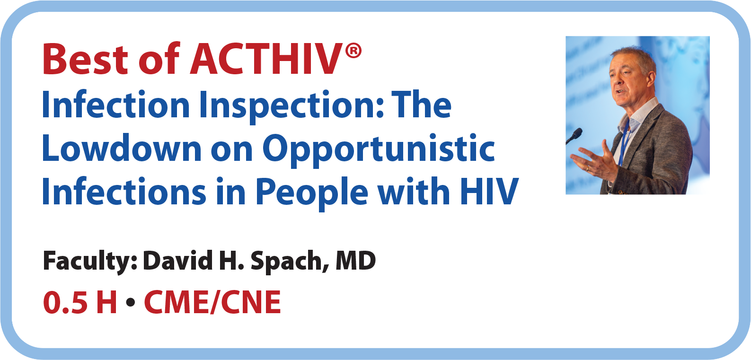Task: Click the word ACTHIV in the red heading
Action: click(266, 59)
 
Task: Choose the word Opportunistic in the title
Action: click(379, 149)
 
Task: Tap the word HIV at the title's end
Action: click(489, 191)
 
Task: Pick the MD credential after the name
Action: click(356, 261)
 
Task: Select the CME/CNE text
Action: click(212, 302)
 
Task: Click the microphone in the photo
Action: click(574, 136)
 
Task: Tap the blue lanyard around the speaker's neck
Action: click(624, 141)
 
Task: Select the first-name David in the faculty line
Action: click(178, 261)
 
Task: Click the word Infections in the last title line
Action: click(124, 191)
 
